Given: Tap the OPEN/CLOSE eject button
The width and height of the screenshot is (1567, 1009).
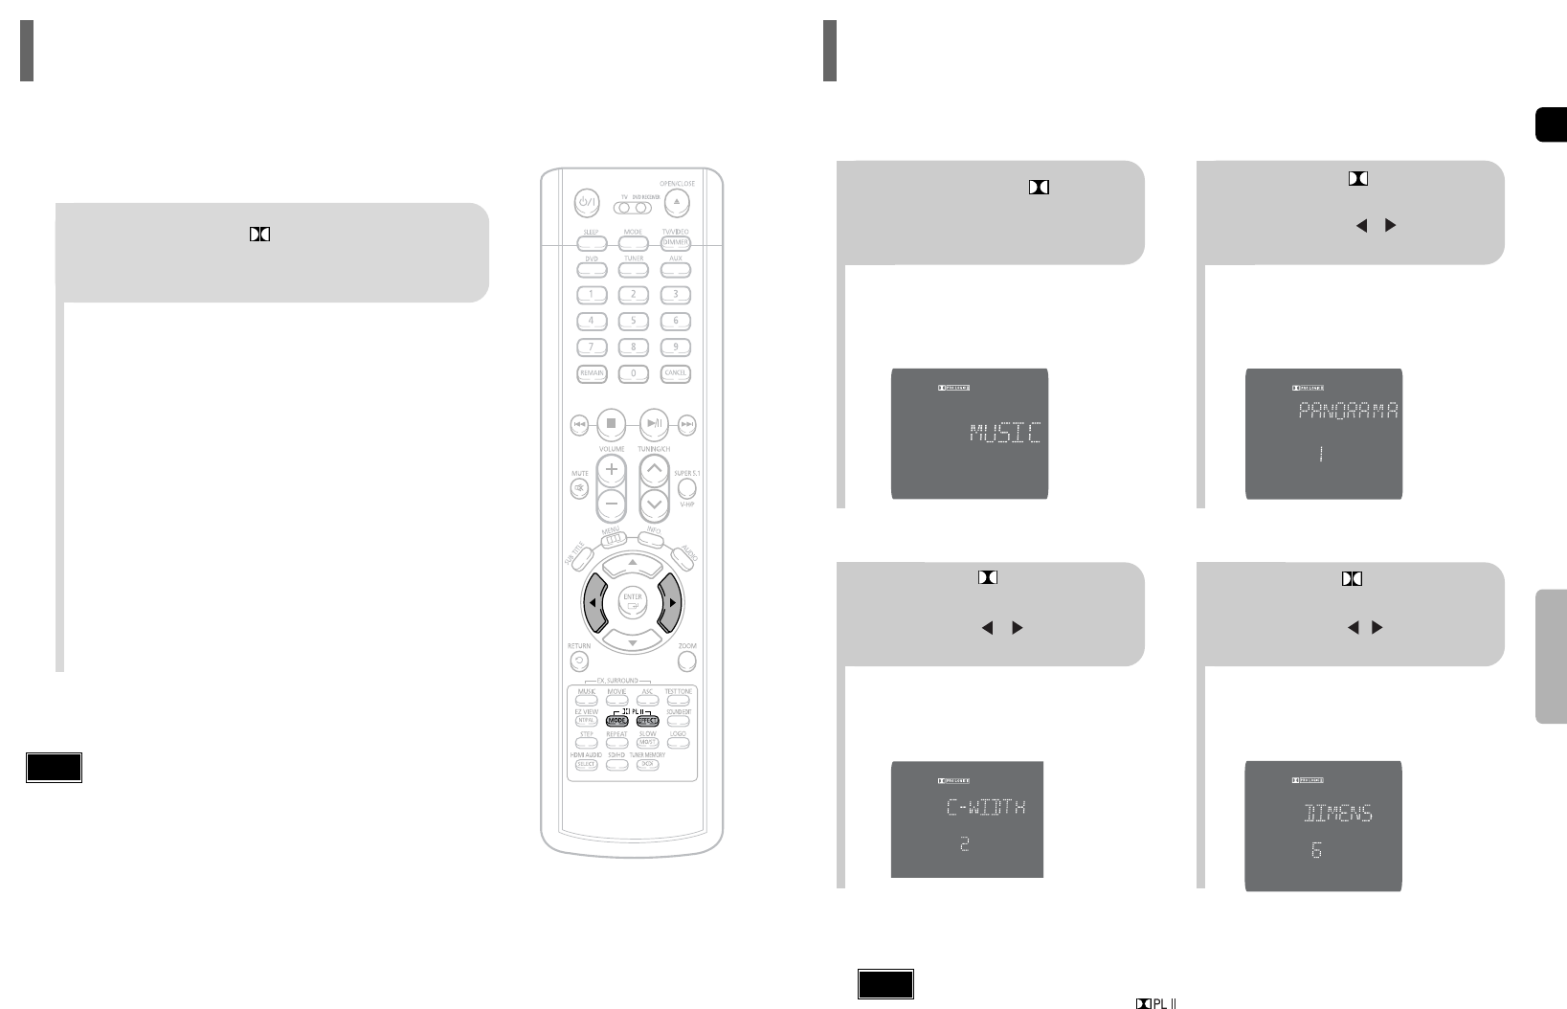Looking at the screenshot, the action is (677, 203).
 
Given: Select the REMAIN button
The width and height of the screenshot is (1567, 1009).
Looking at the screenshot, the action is (591, 373).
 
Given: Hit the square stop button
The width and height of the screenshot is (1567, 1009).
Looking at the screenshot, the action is (613, 422).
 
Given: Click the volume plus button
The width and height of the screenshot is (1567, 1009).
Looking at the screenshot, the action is (612, 470).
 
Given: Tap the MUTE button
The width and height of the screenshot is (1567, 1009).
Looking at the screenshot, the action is (580, 489).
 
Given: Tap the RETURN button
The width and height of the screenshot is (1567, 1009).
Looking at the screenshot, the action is (579, 661).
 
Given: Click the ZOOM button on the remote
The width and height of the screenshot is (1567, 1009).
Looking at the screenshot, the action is (687, 661).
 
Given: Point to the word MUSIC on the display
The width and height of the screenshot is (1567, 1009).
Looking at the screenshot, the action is (1004, 433).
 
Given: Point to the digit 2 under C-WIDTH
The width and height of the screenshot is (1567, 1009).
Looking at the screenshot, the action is (965, 844).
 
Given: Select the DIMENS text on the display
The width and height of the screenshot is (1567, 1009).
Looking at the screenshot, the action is (1339, 815).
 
